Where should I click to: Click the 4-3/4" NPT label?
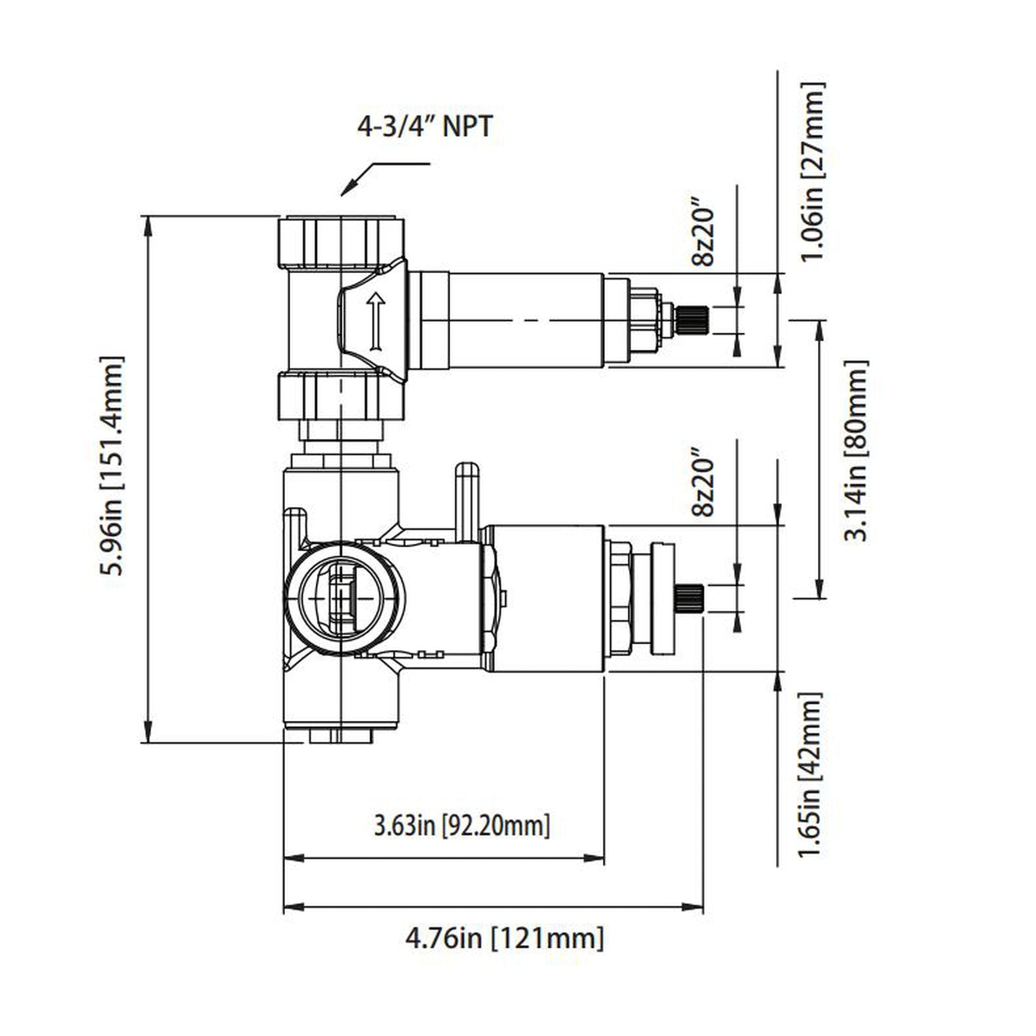tap(424, 127)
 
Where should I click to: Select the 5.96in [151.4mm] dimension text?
tap(112, 465)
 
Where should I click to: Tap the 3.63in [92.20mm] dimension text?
tap(462, 826)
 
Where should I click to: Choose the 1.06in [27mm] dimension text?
tap(811, 171)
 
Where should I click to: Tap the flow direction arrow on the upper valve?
tap(376, 322)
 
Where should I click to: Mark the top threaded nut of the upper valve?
tap(341, 241)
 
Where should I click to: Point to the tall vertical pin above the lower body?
tap(466, 501)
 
